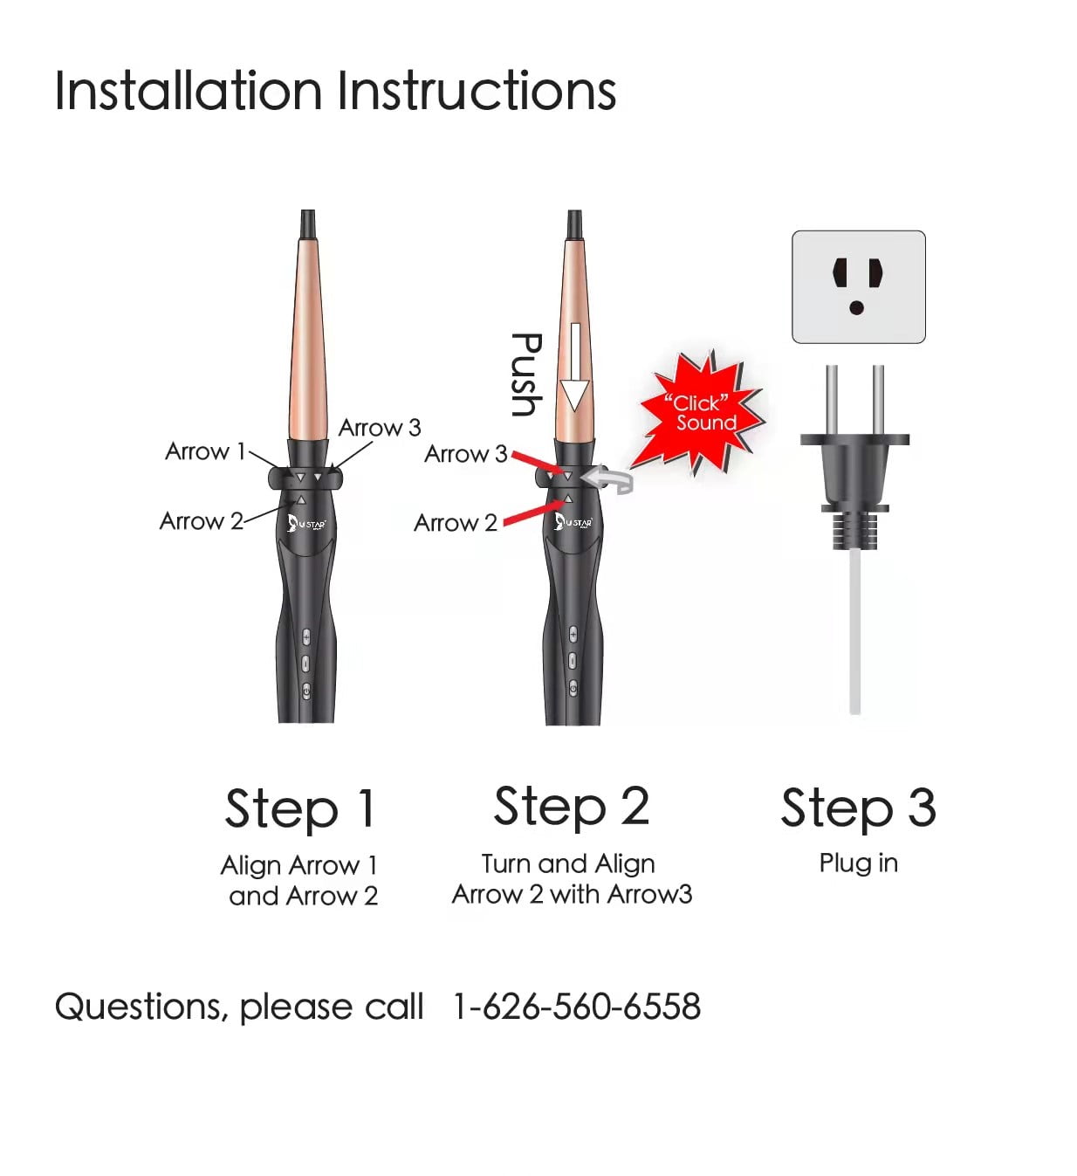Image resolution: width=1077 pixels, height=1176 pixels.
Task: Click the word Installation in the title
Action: [188, 90]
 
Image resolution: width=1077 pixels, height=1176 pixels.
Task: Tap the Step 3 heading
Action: [858, 808]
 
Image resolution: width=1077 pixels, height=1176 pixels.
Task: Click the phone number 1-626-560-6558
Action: [577, 1006]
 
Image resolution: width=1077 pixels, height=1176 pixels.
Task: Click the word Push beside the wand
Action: [526, 375]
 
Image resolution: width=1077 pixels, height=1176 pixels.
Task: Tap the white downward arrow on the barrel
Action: [574, 367]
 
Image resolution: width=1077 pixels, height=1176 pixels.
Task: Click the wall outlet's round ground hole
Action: [856, 307]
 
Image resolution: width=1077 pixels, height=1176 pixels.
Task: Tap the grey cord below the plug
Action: [854, 632]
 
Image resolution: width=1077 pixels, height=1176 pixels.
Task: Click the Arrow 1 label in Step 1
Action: [205, 451]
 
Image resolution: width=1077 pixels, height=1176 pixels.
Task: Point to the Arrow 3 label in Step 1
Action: [380, 428]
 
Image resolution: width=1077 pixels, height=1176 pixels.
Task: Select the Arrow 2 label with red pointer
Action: [456, 522]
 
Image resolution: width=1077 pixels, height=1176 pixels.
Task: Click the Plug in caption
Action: [858, 863]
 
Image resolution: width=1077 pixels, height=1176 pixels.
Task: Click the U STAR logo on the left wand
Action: [306, 523]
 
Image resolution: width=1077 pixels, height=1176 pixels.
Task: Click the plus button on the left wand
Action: [305, 636]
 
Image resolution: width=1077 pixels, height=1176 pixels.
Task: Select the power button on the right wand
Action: [573, 688]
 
